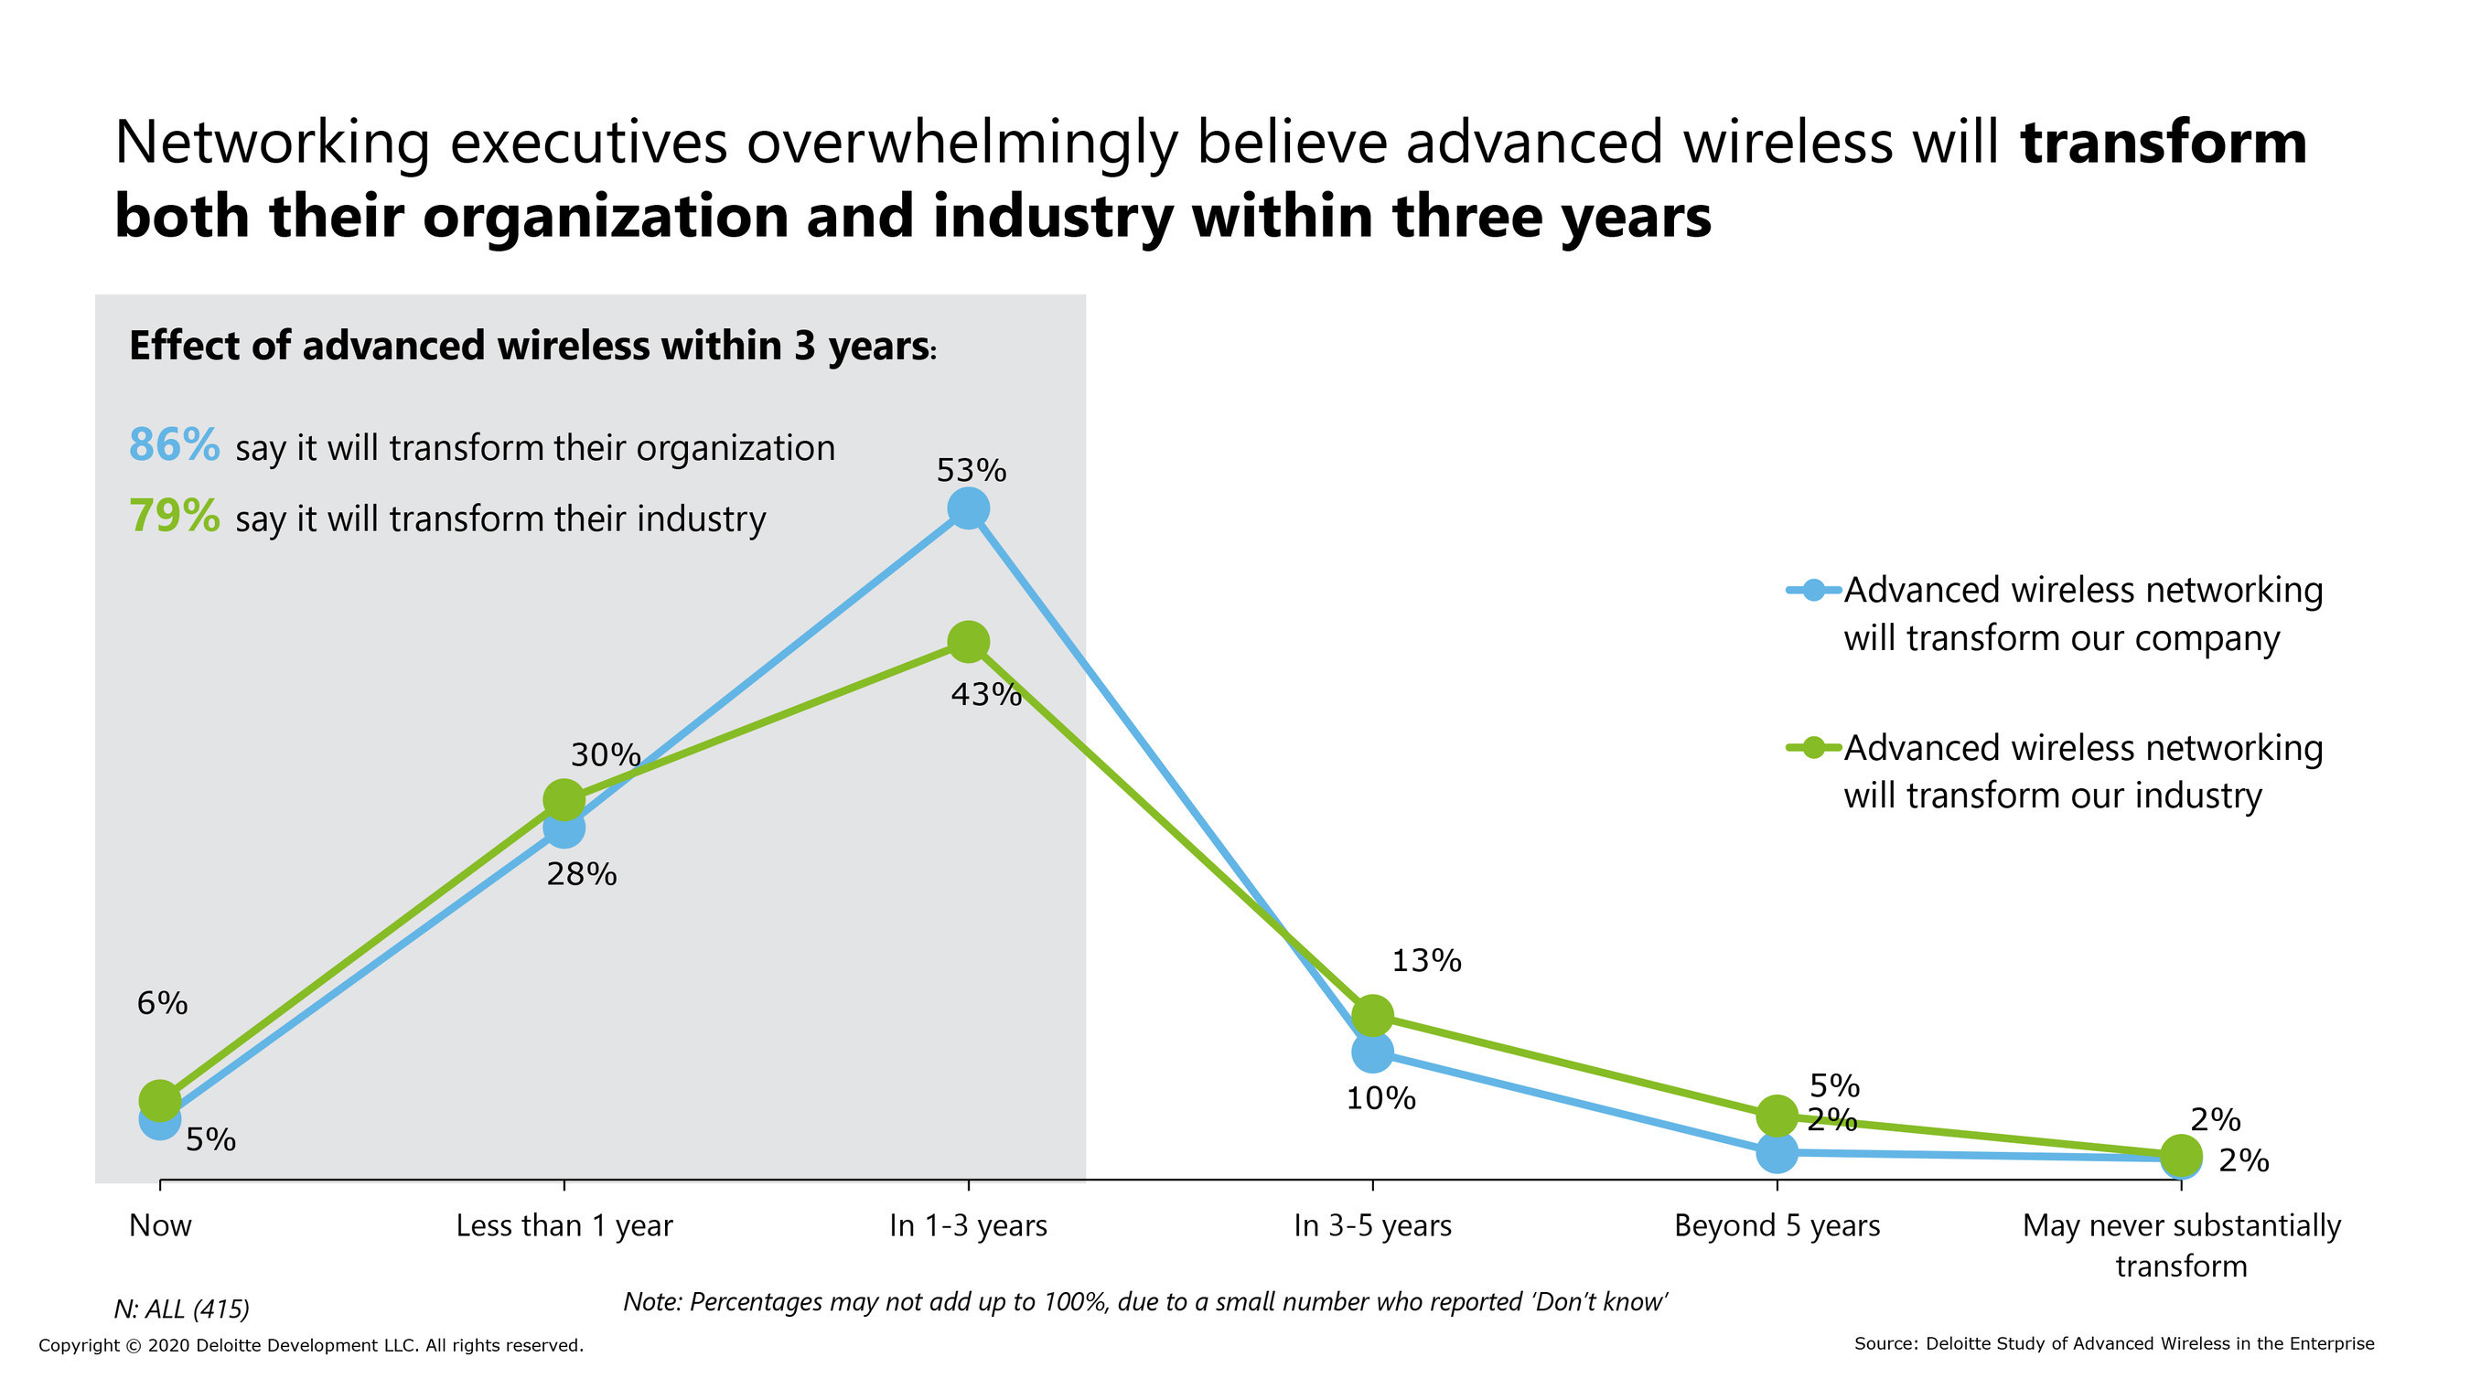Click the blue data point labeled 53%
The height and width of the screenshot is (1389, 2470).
tap(969, 508)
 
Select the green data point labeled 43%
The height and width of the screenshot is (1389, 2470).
tap(969, 641)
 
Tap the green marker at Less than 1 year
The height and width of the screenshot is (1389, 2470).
tap(564, 799)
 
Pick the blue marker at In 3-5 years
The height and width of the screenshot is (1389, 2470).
tap(1372, 1052)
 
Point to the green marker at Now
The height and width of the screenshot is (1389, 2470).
tap(160, 1100)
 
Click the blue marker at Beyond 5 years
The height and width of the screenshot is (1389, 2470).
tap(1777, 1152)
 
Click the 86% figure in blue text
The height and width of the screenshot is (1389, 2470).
tap(175, 445)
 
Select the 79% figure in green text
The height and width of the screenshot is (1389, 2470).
tap(175, 517)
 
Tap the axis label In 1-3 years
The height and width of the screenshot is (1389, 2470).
tap(969, 1226)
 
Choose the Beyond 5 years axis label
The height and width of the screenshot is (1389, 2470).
tap(1777, 1226)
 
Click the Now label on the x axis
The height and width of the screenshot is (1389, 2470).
tap(160, 1226)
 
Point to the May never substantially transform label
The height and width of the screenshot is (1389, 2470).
tap(2182, 1245)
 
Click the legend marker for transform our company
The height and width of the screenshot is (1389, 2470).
tap(1813, 591)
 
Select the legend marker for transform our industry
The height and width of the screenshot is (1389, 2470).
tap(1813, 748)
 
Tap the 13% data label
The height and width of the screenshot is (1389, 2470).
tap(1426, 960)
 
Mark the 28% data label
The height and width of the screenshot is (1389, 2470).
tap(581, 874)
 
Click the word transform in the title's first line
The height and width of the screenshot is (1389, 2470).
tap(2164, 143)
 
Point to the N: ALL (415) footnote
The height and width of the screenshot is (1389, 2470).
tap(182, 1309)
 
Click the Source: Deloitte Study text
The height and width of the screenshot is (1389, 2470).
tap(2113, 1344)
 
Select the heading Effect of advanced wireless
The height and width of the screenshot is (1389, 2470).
tap(532, 346)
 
